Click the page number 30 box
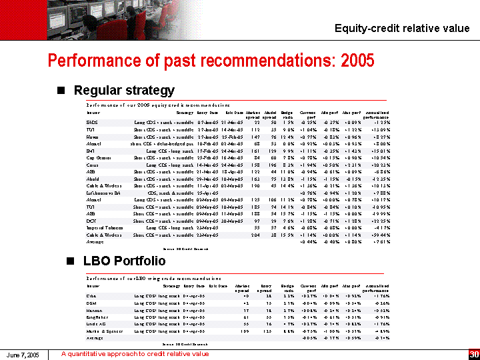(x=473, y=354)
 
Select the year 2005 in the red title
(x=357, y=61)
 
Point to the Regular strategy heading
(x=124, y=90)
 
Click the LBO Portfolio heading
(x=120, y=261)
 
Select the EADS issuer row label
(x=93, y=122)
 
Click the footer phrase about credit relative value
(x=135, y=354)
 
